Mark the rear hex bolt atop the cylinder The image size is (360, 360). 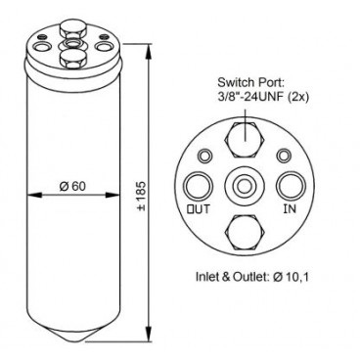tap(71, 23)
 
